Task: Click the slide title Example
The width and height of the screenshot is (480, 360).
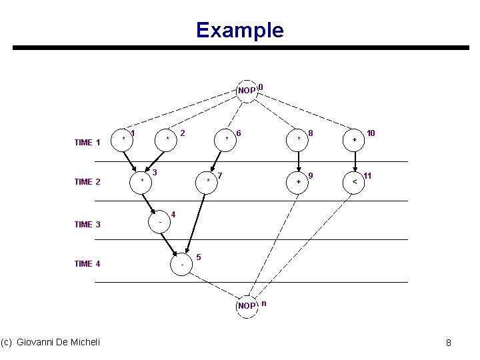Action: (x=239, y=30)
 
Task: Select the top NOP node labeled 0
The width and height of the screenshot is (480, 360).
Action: (x=247, y=90)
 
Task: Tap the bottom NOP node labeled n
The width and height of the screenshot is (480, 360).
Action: (x=247, y=305)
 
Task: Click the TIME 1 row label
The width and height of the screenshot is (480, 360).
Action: (x=87, y=142)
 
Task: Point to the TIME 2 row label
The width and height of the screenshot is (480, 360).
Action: (x=87, y=182)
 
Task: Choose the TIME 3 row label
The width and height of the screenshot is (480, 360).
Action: (x=87, y=225)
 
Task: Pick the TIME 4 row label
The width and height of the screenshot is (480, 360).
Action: (x=87, y=264)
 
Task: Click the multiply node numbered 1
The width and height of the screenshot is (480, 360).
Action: (x=124, y=139)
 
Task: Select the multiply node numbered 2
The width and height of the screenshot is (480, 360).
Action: (x=167, y=139)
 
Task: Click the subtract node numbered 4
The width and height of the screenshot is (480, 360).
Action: (x=160, y=222)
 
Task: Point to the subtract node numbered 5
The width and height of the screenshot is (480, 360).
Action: (x=183, y=265)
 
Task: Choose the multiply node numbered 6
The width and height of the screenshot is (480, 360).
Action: (x=227, y=139)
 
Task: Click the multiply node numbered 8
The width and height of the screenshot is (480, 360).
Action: (x=299, y=139)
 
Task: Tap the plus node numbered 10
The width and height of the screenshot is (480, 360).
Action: (x=354, y=139)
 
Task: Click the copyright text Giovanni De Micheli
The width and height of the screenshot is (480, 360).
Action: (x=51, y=342)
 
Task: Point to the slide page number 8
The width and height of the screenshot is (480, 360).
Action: (x=449, y=343)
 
